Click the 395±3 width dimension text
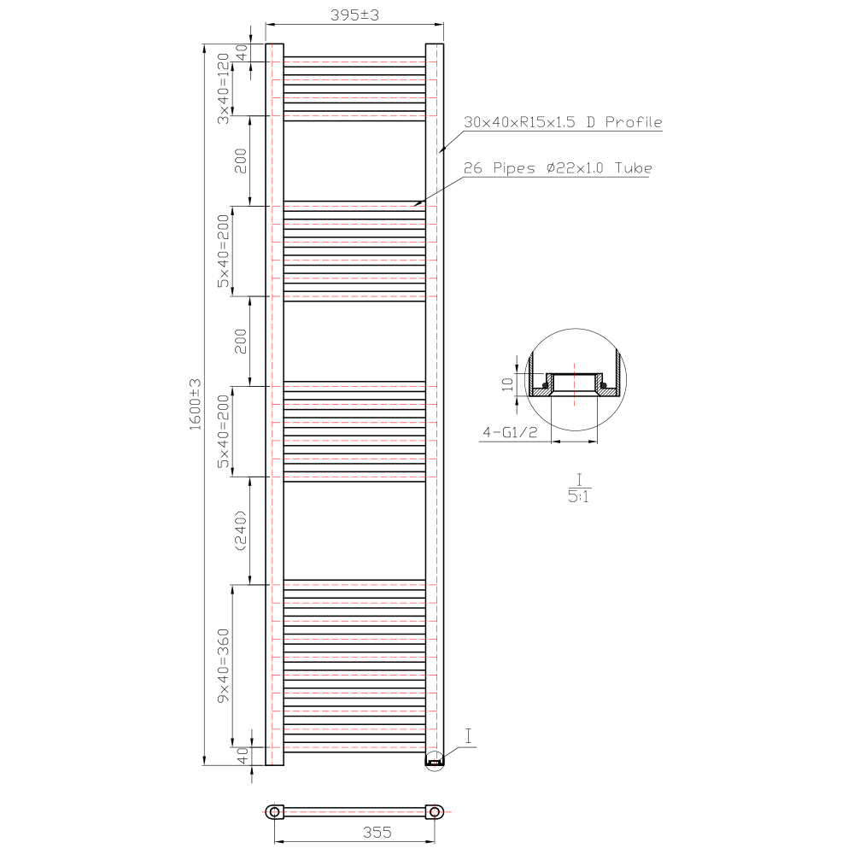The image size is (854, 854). (x=354, y=15)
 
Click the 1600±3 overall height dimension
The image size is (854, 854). (x=195, y=404)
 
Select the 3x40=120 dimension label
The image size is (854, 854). (x=223, y=88)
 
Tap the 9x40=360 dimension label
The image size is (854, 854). (x=223, y=665)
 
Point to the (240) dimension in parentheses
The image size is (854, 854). (x=240, y=530)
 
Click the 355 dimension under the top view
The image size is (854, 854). (x=377, y=832)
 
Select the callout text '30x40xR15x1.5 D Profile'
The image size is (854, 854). (x=563, y=122)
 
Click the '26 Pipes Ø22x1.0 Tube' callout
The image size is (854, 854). (x=558, y=167)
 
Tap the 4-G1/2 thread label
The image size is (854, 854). (x=510, y=432)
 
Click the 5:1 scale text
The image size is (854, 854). (x=578, y=496)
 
